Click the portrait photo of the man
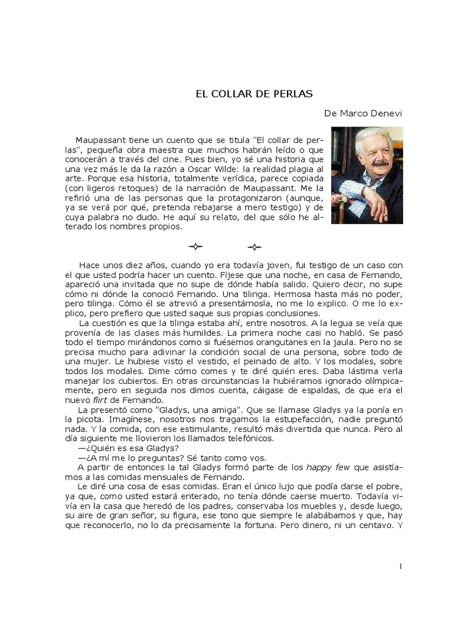point(367,175)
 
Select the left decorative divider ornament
point(195,246)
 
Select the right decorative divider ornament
point(255,246)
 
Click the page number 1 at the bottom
point(401,566)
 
